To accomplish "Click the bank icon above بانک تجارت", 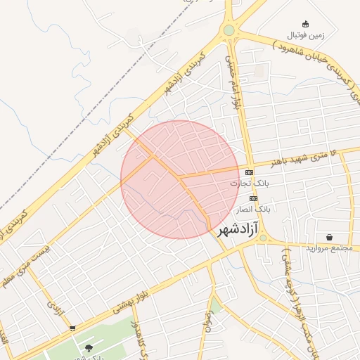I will coord(250,172).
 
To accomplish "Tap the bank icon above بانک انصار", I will coord(253,198).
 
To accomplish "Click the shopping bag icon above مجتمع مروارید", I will coord(329,237).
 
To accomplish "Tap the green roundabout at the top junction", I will coord(229,30).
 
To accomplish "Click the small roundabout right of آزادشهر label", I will coord(263,238).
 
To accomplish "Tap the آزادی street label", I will coord(54,307).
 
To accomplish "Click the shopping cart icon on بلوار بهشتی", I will coord(72,328).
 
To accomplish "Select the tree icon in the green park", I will coord(88,347).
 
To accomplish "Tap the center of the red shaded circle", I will coord(180,179).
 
